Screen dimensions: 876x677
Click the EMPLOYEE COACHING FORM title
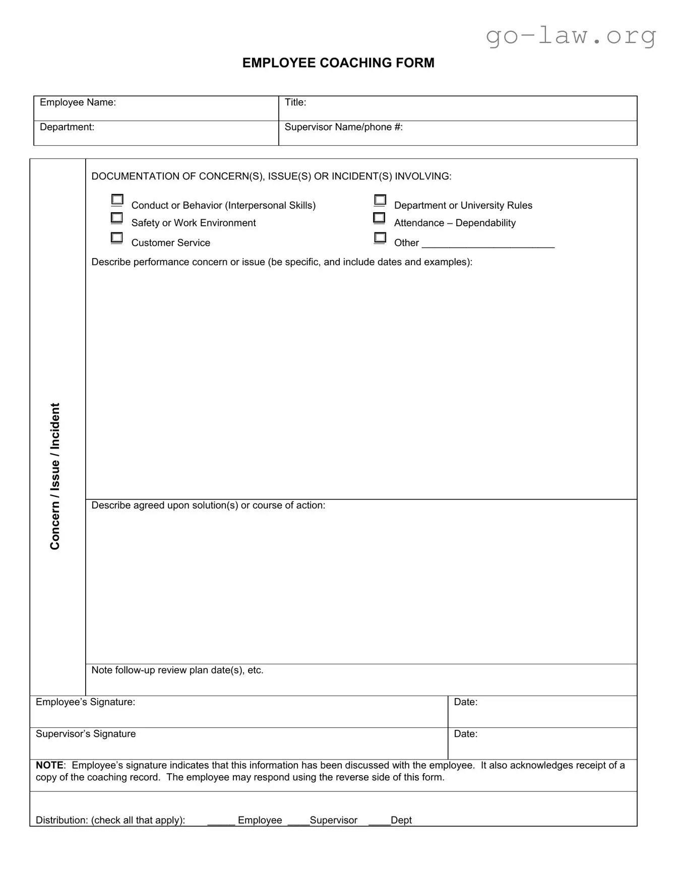click(338, 63)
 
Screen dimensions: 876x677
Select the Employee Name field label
click(78, 102)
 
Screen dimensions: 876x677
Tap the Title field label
click(295, 102)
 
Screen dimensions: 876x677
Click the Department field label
click(67, 127)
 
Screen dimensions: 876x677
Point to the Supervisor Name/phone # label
click(343, 127)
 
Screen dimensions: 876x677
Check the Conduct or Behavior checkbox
click(117, 200)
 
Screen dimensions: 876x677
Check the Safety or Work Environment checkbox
click(117, 218)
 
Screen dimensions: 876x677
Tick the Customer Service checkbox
click(117, 237)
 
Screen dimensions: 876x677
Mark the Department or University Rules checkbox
click(380, 200)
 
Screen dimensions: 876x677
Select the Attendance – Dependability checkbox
click(379, 218)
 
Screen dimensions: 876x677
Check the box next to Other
click(380, 237)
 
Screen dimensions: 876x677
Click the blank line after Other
click(487, 243)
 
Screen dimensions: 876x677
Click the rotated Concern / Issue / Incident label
click(55, 476)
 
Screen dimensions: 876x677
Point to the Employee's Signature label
click(85, 702)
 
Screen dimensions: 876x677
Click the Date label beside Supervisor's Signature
click(465, 734)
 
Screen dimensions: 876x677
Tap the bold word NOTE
click(49, 765)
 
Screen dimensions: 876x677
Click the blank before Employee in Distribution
click(221, 821)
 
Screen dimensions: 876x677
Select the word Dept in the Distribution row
click(401, 820)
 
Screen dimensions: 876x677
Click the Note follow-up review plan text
click(177, 670)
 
